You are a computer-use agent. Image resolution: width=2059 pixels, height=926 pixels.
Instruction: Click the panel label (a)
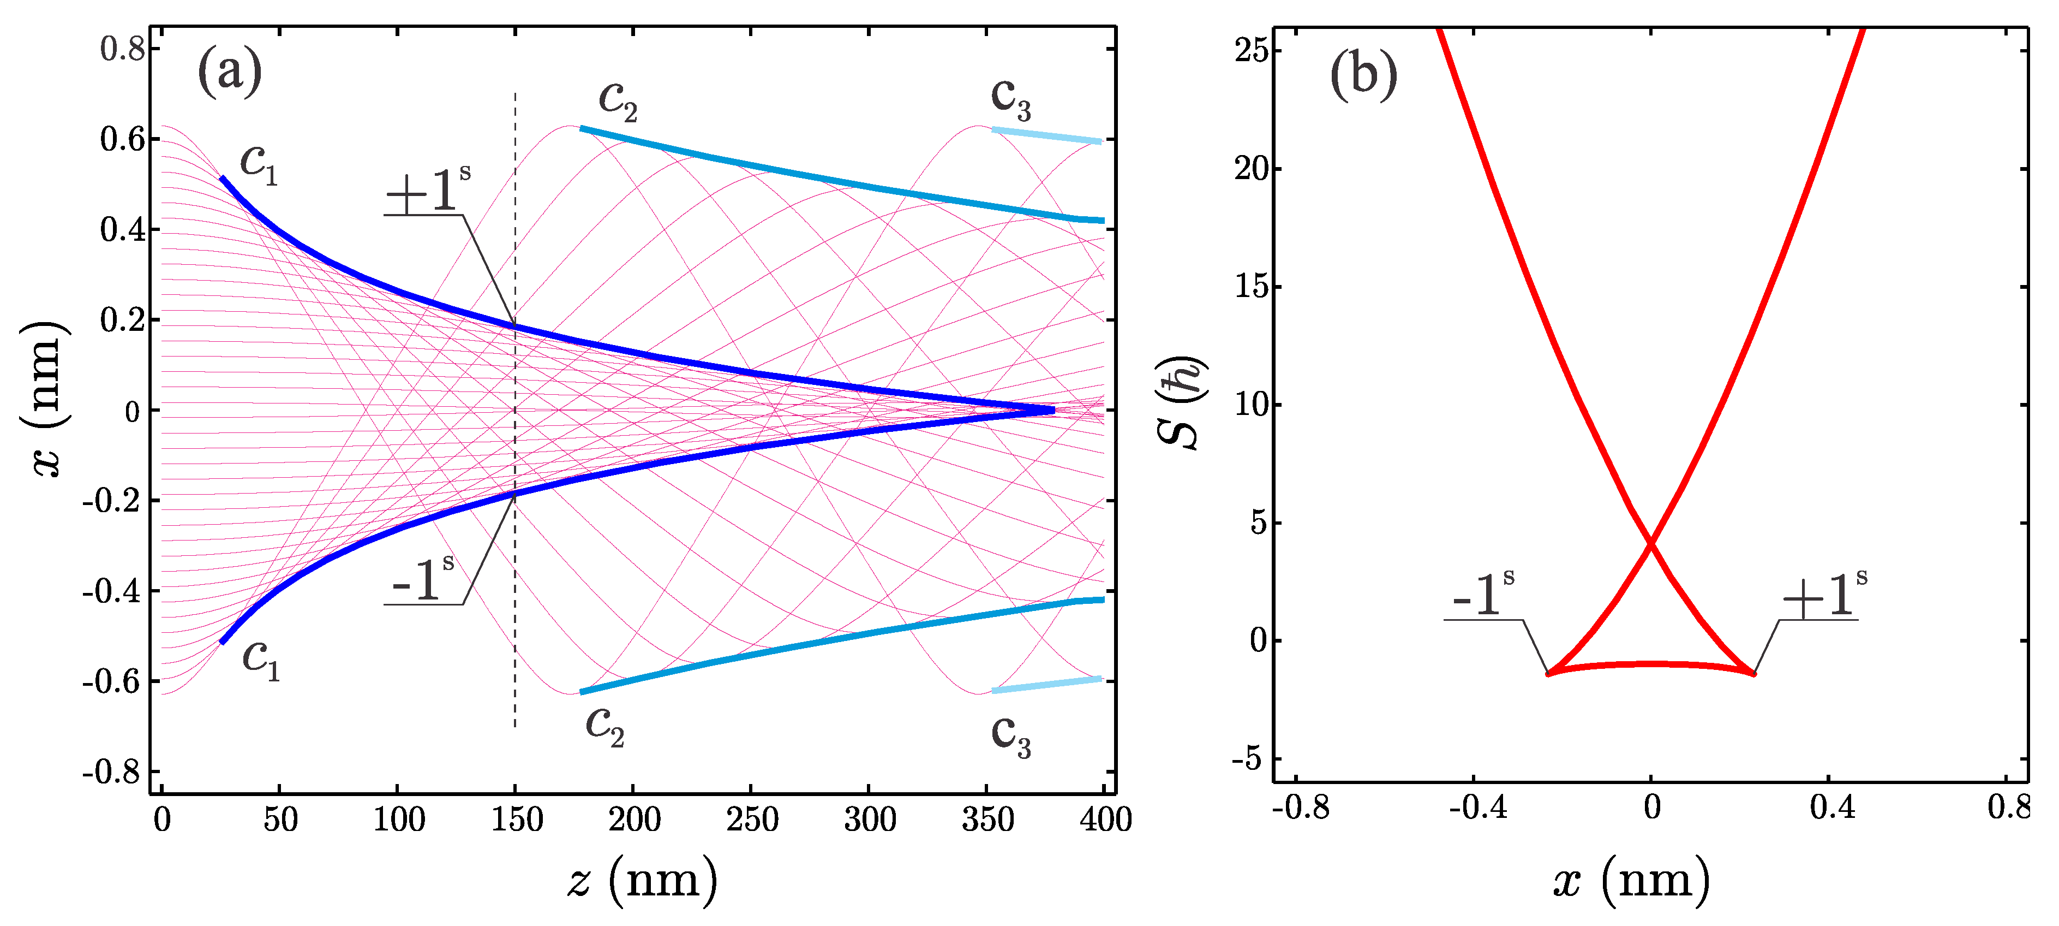[229, 72]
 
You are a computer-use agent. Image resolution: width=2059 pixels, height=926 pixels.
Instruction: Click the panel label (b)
[1363, 75]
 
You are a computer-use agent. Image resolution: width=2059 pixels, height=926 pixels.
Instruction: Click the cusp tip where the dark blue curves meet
[1052, 410]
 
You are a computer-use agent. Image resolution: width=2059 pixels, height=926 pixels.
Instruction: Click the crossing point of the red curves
[1650, 544]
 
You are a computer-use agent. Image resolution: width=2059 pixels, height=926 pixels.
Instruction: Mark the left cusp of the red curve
[1548, 673]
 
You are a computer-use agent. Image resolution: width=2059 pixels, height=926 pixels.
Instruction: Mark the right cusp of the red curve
[1753, 673]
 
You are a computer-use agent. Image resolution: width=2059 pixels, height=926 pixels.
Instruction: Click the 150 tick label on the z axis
[516, 820]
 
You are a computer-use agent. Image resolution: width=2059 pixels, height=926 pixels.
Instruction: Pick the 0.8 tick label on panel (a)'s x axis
[122, 50]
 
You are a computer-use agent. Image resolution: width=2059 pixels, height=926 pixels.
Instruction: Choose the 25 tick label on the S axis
[1252, 50]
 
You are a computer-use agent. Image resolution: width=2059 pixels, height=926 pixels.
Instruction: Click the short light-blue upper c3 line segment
[1047, 135]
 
